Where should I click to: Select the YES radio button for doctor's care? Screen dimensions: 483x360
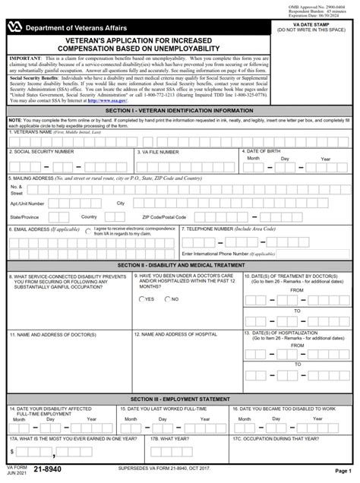click(141, 299)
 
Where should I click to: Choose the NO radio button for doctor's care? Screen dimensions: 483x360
click(166, 299)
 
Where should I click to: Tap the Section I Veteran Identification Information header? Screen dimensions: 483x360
click(179, 110)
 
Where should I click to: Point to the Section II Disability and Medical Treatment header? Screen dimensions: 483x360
click(179, 264)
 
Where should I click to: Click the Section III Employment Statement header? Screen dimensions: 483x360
click(179, 399)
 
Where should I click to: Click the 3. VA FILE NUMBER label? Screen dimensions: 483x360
click(161, 152)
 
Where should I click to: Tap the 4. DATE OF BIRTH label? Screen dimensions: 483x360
click(267, 151)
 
